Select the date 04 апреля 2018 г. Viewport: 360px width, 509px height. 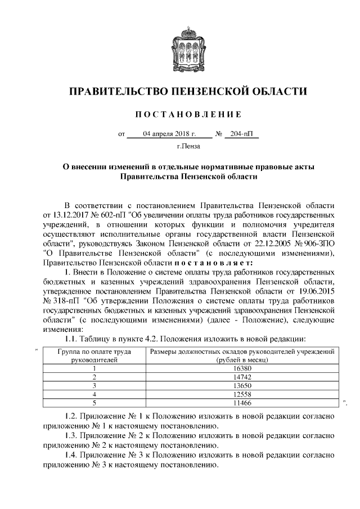[169, 135]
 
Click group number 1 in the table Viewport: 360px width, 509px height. [94, 369]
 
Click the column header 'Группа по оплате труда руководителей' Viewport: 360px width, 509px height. [94, 356]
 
